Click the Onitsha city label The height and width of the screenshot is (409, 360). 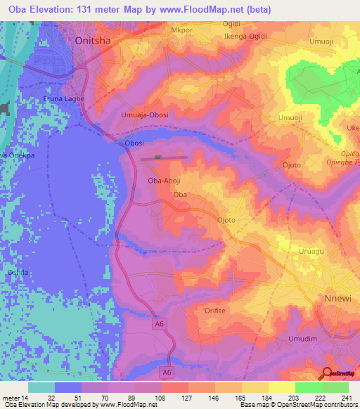pos(93,41)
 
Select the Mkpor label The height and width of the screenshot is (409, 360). pos(181,31)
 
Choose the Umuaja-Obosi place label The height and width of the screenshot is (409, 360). pos(145,115)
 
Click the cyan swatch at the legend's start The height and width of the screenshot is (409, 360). pos(41,387)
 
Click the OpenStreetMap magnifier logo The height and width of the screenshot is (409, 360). pos(327,372)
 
